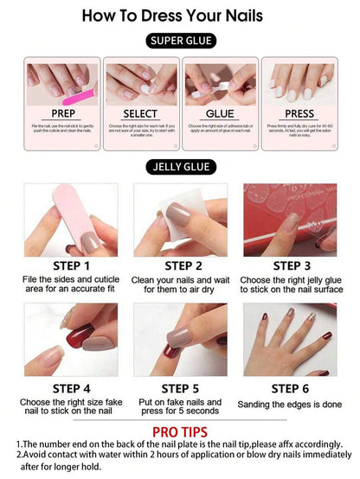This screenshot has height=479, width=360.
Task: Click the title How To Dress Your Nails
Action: (179, 15)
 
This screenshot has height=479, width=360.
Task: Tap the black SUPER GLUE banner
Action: (180, 41)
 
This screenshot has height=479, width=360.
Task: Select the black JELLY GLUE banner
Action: (179, 167)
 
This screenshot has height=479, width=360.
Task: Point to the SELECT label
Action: (140, 113)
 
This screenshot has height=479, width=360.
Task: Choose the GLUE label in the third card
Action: (219, 113)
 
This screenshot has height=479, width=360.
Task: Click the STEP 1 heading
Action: (70, 265)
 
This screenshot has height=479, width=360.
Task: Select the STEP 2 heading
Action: (180, 265)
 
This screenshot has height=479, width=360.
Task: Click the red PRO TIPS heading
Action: (179, 431)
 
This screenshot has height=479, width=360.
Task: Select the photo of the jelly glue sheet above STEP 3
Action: (289, 220)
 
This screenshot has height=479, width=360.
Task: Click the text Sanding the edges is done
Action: (290, 405)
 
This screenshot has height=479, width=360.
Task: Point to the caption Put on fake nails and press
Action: (180, 403)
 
